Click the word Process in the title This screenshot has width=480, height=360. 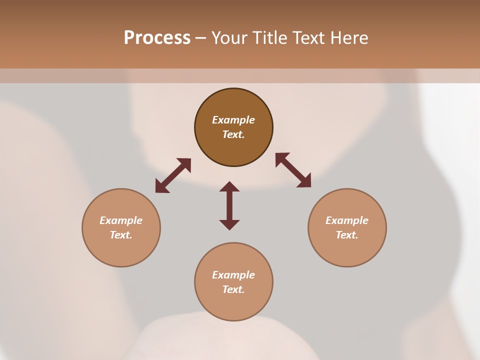pyautogui.click(x=157, y=38)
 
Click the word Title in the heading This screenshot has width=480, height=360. pyautogui.click(x=270, y=38)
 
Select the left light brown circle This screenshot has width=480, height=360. pyautogui.click(x=121, y=250)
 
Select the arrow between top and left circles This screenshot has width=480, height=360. pyautogui.click(x=173, y=175)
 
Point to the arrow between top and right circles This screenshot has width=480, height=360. pyautogui.click(x=293, y=170)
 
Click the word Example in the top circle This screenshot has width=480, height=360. pyautogui.click(x=233, y=120)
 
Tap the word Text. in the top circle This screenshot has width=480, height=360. pyautogui.click(x=233, y=134)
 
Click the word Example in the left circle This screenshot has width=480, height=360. pyautogui.click(x=121, y=220)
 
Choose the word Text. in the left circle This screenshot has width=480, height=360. pyautogui.click(x=121, y=235)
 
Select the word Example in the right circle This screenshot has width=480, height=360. pyautogui.click(x=347, y=220)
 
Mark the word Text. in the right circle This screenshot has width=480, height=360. pyautogui.click(x=347, y=235)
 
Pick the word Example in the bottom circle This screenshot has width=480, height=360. pyautogui.click(x=233, y=275)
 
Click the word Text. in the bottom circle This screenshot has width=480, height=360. pyautogui.click(x=233, y=289)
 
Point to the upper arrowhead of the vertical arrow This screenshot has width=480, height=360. pyautogui.click(x=229, y=186)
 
